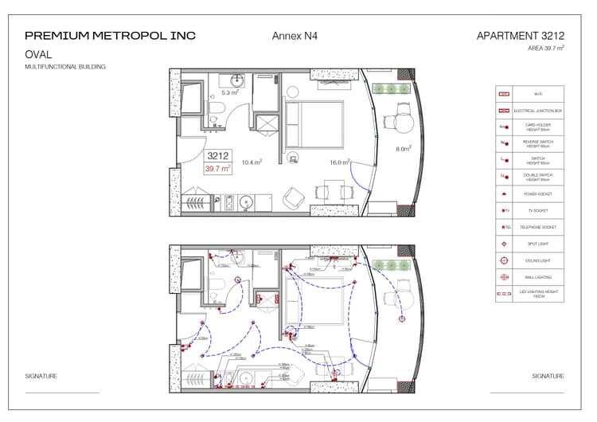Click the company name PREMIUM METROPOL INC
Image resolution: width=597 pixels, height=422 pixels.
(x=110, y=36)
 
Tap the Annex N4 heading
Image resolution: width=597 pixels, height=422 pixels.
(x=293, y=36)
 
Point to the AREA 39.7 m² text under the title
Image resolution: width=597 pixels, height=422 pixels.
(x=545, y=49)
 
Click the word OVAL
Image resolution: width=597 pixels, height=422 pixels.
(x=38, y=55)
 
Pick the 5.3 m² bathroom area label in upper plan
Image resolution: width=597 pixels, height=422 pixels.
(x=230, y=92)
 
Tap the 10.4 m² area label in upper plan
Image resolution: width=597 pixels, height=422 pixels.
(x=252, y=162)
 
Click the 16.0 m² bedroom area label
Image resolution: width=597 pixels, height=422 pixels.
(x=340, y=162)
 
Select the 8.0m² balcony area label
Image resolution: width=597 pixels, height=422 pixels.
(x=404, y=148)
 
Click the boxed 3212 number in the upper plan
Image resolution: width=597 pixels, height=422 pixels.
(x=217, y=156)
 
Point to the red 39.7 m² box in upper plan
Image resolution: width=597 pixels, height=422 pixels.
(x=217, y=169)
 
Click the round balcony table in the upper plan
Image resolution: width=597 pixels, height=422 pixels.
(x=404, y=123)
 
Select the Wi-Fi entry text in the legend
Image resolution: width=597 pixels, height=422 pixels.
(x=526, y=94)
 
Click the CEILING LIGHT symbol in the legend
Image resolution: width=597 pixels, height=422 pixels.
(x=503, y=260)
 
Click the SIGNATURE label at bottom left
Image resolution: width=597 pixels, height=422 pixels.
(x=41, y=376)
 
